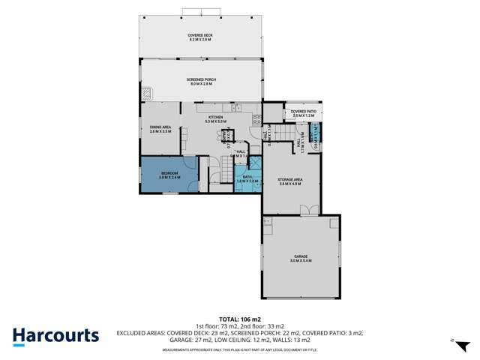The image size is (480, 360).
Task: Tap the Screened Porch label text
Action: tap(199, 82)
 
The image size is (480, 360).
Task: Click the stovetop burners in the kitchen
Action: tap(256, 118)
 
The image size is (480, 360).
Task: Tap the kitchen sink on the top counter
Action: tap(235, 108)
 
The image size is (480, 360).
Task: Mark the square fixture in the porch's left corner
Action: tap(147, 94)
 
